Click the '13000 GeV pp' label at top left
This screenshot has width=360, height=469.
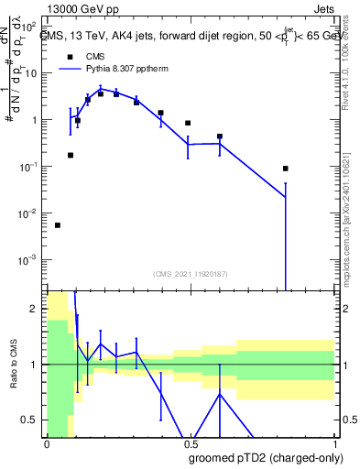(79, 8)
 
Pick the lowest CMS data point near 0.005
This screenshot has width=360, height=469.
(58, 225)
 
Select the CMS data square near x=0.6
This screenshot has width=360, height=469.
(220, 136)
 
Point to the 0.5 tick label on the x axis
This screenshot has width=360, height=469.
(190, 443)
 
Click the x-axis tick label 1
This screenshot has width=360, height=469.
(333, 443)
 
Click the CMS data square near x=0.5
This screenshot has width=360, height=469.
(188, 123)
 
